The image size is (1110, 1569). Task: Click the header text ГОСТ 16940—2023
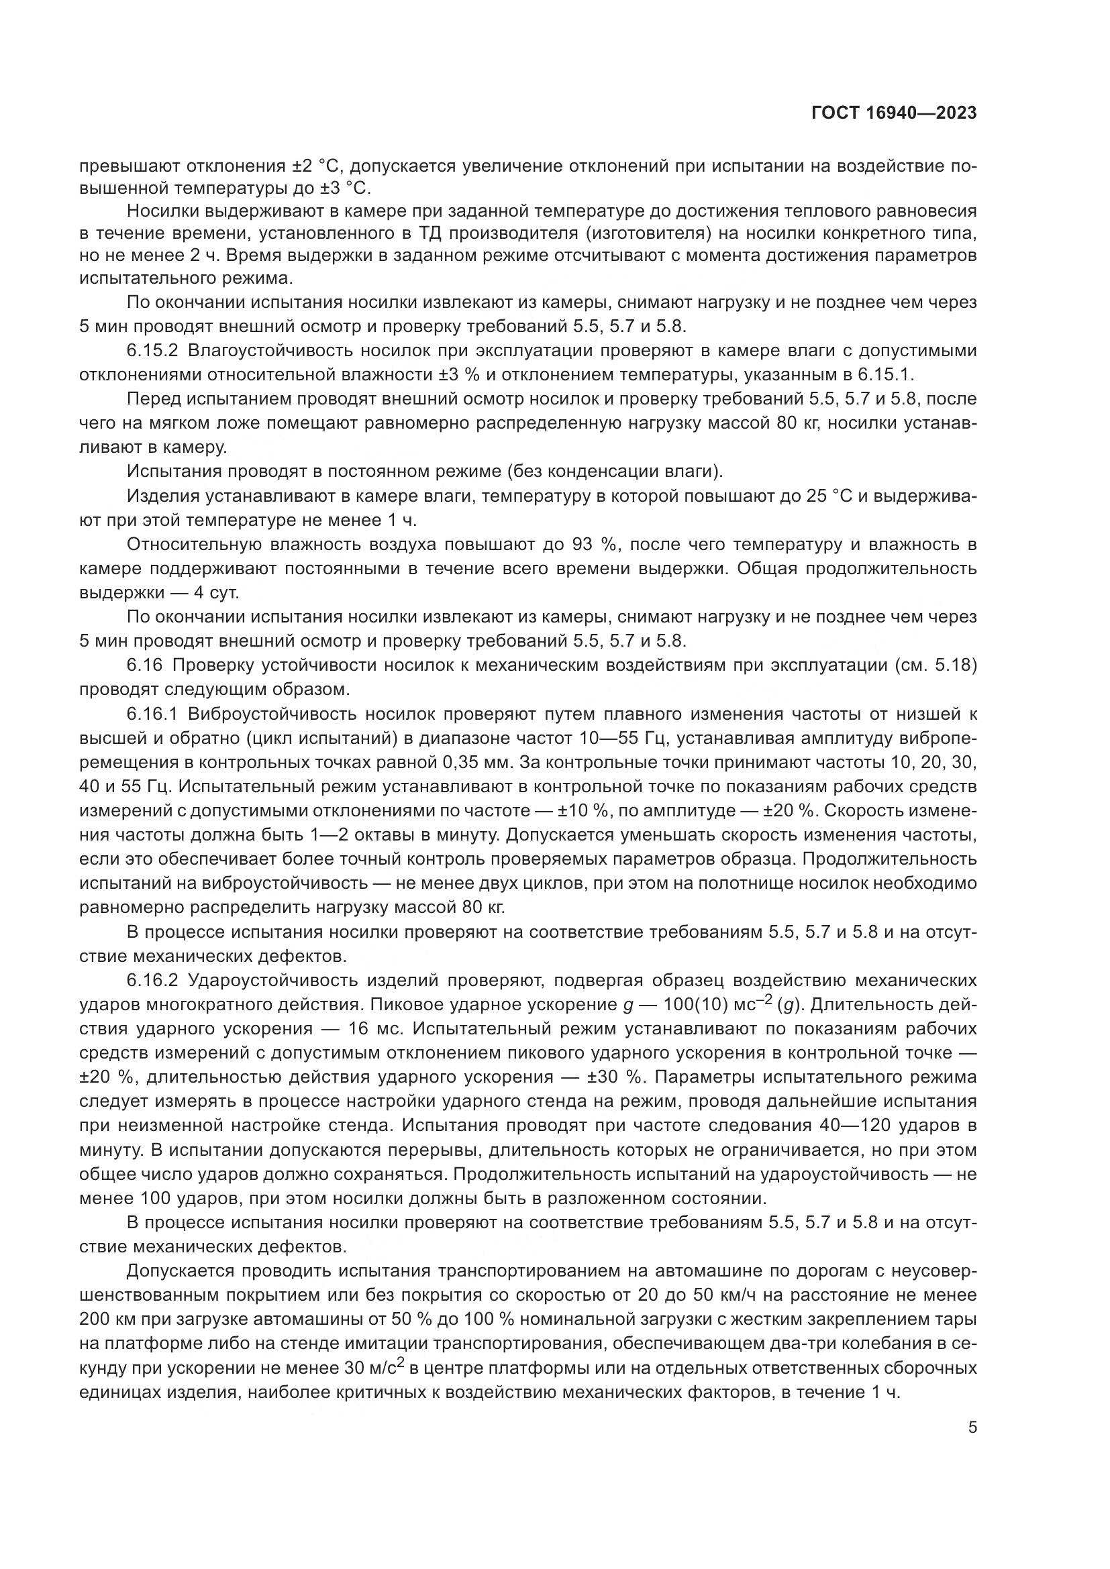tap(893, 113)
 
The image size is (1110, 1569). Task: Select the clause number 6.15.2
tap(152, 351)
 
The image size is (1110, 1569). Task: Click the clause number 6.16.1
tap(152, 714)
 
